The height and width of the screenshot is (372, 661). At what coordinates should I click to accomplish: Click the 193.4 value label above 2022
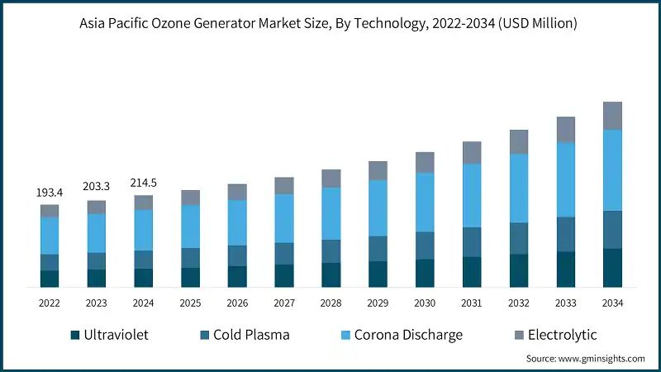click(50, 193)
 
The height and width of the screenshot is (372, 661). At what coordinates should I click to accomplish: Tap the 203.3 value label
click(97, 187)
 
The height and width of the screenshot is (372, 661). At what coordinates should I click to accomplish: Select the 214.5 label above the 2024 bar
click(144, 182)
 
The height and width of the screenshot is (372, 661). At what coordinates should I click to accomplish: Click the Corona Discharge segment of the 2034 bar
click(612, 169)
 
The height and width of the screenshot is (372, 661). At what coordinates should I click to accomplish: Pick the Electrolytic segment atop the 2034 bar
click(612, 116)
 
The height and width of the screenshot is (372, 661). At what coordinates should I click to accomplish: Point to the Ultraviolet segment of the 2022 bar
click(50, 279)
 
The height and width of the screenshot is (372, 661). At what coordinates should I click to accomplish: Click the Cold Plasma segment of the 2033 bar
click(566, 234)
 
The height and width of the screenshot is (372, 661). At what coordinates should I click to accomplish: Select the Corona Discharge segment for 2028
click(331, 213)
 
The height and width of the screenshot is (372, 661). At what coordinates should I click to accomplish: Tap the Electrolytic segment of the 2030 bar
click(425, 162)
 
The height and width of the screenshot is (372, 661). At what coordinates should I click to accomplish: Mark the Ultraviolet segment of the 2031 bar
click(472, 272)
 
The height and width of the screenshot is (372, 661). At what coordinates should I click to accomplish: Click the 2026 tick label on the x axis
click(237, 303)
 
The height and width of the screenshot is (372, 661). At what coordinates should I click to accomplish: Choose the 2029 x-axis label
click(378, 303)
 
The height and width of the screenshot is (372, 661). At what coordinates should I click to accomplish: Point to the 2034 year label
click(612, 303)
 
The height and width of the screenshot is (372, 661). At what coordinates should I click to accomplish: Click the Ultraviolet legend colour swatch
click(76, 335)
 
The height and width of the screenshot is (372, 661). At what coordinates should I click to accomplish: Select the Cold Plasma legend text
click(251, 335)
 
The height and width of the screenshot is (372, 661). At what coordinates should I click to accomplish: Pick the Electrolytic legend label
click(562, 335)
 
